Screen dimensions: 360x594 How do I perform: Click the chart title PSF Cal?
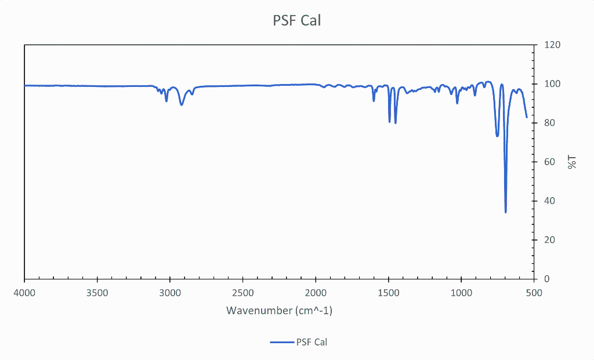coord(296,21)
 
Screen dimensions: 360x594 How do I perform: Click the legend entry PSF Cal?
coord(312,342)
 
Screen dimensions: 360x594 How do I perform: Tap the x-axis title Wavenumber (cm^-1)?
coord(279,311)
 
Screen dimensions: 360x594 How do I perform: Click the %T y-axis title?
coord(573,162)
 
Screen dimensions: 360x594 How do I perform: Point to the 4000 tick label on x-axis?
coord(24,292)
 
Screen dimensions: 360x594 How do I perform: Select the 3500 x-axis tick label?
coord(97,292)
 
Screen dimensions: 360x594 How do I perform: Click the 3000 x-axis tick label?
coord(170,292)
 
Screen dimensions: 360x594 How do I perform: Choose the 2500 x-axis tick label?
coord(242,292)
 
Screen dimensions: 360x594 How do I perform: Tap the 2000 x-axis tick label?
coord(316,292)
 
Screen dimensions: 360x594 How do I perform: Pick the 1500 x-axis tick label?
coord(388,292)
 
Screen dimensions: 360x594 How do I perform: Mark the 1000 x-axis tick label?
coord(461,292)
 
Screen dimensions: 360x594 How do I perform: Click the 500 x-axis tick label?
coord(534,292)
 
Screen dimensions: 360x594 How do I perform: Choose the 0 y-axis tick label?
coord(546,279)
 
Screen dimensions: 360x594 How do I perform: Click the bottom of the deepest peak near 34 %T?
coord(506,212)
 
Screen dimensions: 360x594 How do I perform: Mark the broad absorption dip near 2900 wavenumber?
coord(182,104)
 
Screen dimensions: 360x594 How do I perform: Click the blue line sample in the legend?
coord(281,342)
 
